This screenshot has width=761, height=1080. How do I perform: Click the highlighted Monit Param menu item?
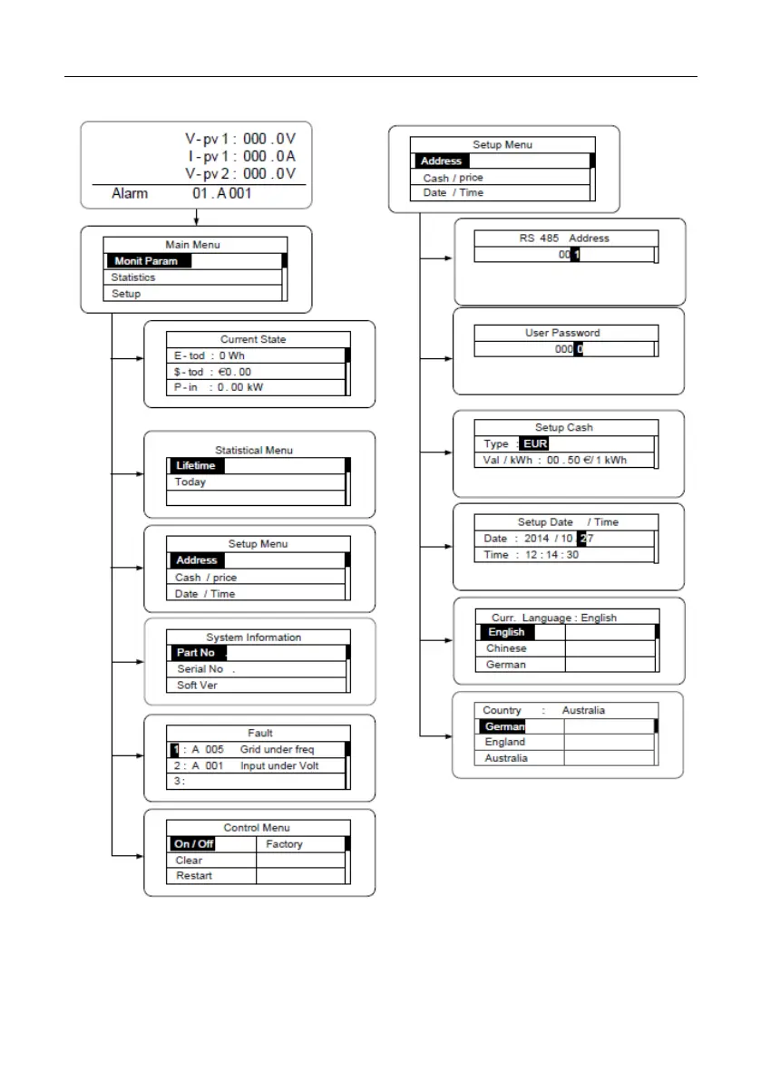click(x=146, y=261)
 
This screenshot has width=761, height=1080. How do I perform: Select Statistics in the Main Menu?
click(x=133, y=277)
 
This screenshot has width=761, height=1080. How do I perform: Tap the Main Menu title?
click(x=192, y=244)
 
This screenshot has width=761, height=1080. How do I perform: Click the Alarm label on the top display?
click(x=132, y=193)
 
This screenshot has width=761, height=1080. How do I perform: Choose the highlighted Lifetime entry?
click(x=196, y=466)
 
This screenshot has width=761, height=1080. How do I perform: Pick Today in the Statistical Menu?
click(x=190, y=482)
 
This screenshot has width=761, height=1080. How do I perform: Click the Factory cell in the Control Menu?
click(x=284, y=844)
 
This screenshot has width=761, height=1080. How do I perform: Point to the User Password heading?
click(x=562, y=333)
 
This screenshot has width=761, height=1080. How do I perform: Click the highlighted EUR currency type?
click(x=534, y=444)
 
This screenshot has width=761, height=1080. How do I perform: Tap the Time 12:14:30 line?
click(x=531, y=554)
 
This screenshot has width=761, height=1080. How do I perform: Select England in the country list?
click(x=504, y=742)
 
